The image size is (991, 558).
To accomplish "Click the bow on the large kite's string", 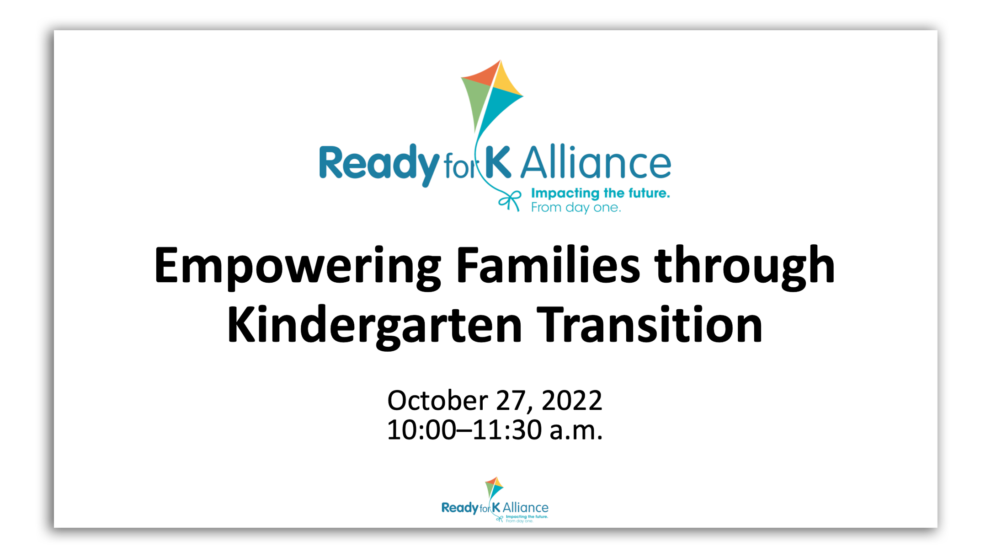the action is click(510, 201).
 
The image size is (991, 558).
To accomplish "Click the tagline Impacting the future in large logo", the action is click(600, 193).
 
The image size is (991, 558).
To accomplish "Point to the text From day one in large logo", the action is click(576, 208).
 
